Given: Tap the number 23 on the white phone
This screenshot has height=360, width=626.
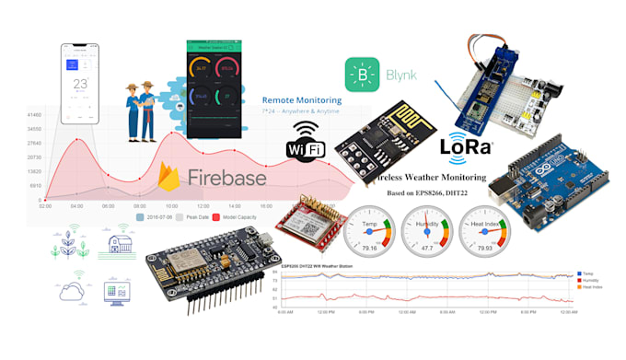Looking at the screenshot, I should point(79,84).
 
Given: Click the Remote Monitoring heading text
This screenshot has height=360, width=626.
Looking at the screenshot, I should point(302,99).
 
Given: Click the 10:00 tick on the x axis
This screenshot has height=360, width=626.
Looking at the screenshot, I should point(171,206).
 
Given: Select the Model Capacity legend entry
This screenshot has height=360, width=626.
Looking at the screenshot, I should point(241,219).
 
